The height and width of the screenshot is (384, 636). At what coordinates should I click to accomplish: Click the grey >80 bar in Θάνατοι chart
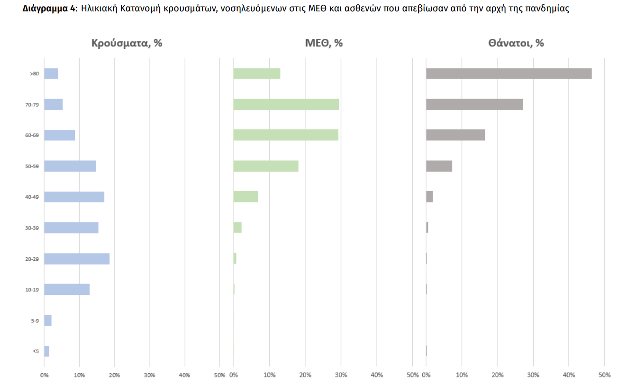point(509,73)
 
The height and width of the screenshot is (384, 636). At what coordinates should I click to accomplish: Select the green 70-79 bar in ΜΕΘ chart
point(286,104)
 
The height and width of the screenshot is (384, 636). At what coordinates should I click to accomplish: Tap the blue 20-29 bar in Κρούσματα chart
point(77,259)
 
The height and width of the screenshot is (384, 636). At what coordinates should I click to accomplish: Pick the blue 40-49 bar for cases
point(74,197)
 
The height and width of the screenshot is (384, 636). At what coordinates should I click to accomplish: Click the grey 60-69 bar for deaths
point(455,135)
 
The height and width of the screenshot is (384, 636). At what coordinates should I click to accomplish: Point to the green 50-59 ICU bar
point(266,166)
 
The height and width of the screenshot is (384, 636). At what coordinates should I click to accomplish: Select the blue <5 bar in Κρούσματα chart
point(46,351)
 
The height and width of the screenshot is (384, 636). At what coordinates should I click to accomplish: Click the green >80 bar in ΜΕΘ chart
point(257,73)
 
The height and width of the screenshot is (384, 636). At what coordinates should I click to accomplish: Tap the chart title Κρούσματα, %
point(127,43)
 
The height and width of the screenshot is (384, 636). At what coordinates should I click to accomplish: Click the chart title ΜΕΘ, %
point(324,43)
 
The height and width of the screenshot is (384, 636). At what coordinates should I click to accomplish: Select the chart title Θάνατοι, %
point(516,43)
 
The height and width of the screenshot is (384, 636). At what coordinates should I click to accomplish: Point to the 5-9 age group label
point(35,320)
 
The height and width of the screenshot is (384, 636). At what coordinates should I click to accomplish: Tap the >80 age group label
point(34,73)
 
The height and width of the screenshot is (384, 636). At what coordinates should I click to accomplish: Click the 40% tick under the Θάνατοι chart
point(569,375)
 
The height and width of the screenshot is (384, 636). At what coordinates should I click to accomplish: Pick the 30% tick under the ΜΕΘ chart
point(341,375)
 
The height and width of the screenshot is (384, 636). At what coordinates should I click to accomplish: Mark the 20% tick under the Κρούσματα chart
point(114,375)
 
